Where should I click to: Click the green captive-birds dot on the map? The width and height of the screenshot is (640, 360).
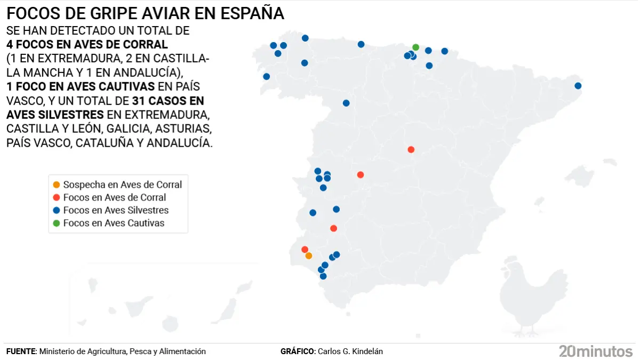click(x=416, y=47)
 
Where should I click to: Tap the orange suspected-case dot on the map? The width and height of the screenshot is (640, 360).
click(x=308, y=256)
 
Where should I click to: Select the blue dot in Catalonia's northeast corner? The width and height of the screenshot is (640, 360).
click(x=578, y=86)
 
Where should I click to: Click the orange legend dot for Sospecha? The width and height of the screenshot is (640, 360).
click(x=56, y=185)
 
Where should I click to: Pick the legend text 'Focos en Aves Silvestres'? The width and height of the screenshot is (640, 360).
click(x=116, y=210)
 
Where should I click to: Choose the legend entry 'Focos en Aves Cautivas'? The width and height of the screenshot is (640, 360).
click(x=114, y=223)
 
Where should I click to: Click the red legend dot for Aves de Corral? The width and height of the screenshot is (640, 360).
click(x=56, y=197)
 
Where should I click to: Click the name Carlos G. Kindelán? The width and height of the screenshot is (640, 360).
click(x=350, y=351)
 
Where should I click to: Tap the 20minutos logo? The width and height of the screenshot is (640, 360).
click(x=595, y=351)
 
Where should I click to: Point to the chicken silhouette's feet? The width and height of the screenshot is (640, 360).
click(x=525, y=332)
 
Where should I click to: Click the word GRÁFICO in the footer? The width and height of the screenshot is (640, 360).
click(x=297, y=351)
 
